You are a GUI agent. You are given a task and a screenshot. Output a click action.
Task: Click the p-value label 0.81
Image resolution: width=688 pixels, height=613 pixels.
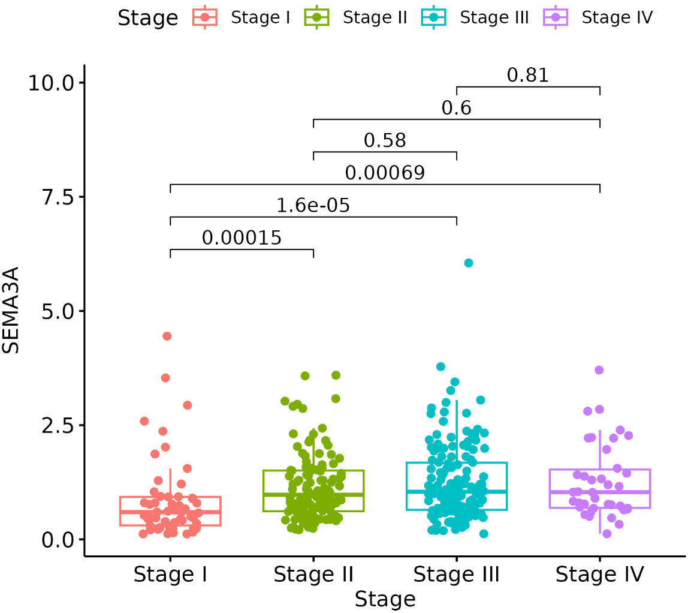point(527,76)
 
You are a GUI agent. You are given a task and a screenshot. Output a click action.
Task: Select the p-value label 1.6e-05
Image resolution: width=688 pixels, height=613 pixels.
point(313,206)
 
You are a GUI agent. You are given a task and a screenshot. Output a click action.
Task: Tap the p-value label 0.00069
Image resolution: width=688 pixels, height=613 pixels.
point(385,173)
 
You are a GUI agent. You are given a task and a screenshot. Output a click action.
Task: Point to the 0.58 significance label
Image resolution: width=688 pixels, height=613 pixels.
point(385,141)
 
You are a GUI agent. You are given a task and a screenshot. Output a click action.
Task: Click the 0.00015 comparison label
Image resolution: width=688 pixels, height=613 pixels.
point(242,238)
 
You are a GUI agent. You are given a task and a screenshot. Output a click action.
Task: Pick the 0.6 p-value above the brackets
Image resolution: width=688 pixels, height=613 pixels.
point(456,109)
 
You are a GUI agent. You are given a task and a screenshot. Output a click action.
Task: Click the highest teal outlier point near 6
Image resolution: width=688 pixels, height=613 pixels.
point(469,263)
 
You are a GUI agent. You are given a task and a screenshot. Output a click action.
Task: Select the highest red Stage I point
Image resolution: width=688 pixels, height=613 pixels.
point(167,336)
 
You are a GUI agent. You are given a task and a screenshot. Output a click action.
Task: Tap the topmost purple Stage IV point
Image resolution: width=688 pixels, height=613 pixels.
point(599,370)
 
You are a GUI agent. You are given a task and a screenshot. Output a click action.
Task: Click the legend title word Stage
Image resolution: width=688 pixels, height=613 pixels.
point(147,19)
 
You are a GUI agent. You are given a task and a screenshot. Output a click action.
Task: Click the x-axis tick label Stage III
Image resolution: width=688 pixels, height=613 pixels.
point(456,575)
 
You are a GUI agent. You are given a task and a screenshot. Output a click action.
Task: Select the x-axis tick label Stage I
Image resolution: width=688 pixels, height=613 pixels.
point(170,575)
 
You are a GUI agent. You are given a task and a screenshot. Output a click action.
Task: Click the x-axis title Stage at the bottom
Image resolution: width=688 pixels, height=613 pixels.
point(385,599)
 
